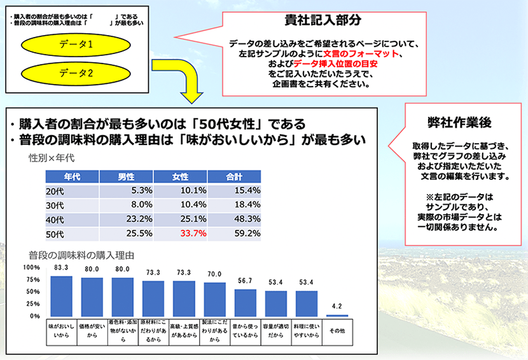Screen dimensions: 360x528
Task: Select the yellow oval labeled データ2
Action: (76, 73)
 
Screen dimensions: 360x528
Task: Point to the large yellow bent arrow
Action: (184, 83)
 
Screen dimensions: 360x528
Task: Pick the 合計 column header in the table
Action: (235, 176)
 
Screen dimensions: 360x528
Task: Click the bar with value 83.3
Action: (61, 296)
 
